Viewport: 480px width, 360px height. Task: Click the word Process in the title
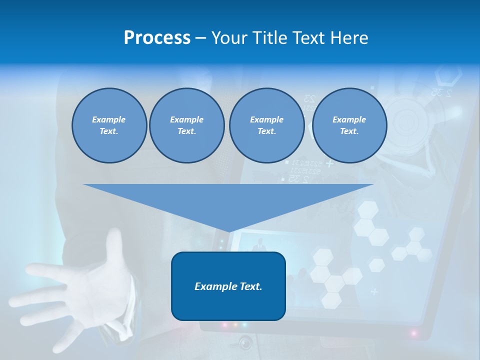pyautogui.click(x=157, y=38)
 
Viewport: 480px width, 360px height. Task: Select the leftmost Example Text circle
pyautogui.click(x=109, y=125)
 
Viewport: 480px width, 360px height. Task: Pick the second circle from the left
pyautogui.click(x=186, y=125)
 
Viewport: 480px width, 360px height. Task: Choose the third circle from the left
pyautogui.click(x=266, y=125)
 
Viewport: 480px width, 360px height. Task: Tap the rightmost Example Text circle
pyautogui.click(x=349, y=125)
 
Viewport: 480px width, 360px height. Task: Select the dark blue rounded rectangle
pyautogui.click(x=228, y=286)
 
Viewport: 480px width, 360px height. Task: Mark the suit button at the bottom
pyautogui.click(x=245, y=343)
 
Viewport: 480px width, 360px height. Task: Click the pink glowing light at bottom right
pyautogui.click(x=414, y=333)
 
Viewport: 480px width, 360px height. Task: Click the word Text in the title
pyautogui.click(x=309, y=38)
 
